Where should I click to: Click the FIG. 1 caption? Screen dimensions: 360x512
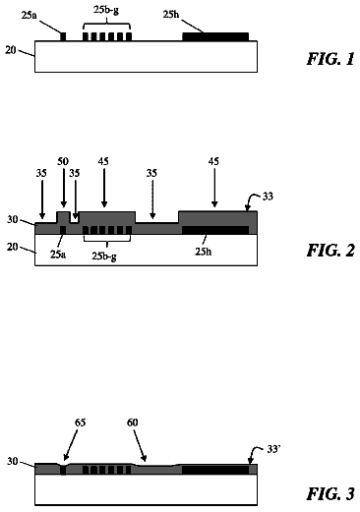point(330,59)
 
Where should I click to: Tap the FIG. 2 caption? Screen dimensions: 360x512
point(330,251)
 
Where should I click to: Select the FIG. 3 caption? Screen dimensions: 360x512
point(330,494)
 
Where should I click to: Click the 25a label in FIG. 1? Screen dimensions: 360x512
point(30,15)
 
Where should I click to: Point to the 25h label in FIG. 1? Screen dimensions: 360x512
point(171,15)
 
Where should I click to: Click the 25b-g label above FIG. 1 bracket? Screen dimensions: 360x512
point(106,10)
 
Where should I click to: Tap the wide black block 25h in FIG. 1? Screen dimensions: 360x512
point(215,36)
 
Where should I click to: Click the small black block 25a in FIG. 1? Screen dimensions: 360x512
point(63,36)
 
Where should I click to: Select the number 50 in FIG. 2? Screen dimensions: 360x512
point(63,161)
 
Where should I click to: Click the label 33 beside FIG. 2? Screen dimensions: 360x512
point(268,197)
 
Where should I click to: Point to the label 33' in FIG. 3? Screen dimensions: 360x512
point(273,449)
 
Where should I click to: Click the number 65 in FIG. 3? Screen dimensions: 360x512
point(80,423)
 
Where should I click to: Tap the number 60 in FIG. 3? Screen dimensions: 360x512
point(132,423)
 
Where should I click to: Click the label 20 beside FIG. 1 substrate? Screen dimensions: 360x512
point(11,50)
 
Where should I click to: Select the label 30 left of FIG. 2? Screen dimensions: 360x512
point(13,219)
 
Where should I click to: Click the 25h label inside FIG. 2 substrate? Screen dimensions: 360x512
point(204,252)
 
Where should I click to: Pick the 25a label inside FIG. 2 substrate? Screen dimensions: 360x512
point(58,255)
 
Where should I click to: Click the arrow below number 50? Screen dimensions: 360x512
point(63,190)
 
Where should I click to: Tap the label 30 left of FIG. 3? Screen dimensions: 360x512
point(13,461)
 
